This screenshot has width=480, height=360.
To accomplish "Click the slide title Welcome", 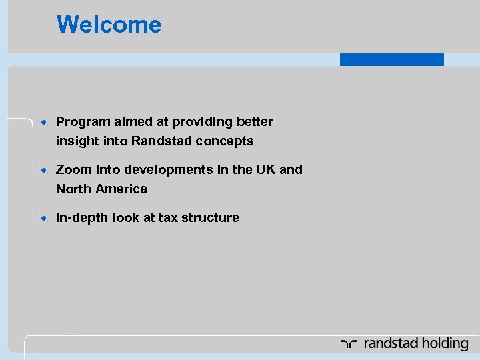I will (x=109, y=25).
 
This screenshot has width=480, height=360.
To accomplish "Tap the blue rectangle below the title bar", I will (x=391, y=59).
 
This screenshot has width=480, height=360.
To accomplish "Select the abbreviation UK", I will (x=265, y=170).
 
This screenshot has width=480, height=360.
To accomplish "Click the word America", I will (x=121, y=189).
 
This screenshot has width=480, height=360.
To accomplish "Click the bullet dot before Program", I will (x=43, y=123).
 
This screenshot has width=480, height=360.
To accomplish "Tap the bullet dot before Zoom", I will (x=43, y=171).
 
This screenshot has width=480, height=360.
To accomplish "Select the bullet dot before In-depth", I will (x=43, y=219).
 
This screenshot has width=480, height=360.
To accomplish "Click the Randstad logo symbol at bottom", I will (x=349, y=344).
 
